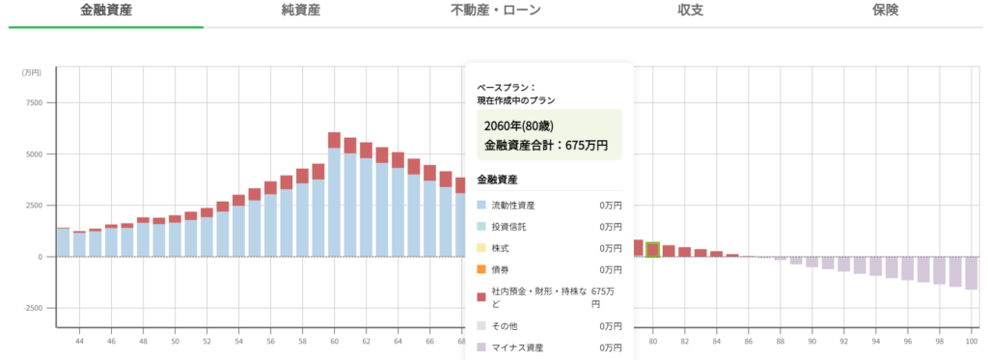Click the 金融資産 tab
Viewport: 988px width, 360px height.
tap(105, 11)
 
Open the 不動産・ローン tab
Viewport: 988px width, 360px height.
tap(495, 11)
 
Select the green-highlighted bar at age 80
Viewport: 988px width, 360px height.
tap(653, 250)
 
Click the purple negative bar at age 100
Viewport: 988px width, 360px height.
tap(971, 273)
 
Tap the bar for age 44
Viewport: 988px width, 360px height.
tap(79, 245)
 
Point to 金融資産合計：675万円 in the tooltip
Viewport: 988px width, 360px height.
tap(545, 146)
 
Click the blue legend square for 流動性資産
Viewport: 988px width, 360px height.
tap(482, 206)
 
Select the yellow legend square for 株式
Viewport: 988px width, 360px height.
tap(482, 248)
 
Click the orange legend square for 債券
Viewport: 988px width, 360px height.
tap(482, 269)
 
